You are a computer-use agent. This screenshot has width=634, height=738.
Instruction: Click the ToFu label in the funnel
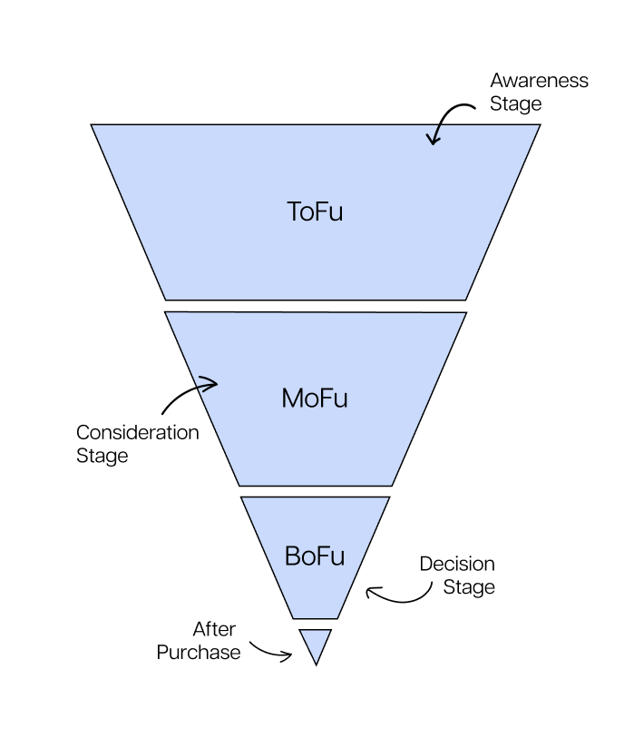click(315, 212)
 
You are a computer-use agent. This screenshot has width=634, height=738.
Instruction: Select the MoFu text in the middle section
click(315, 398)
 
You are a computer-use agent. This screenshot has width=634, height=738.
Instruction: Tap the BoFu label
click(315, 556)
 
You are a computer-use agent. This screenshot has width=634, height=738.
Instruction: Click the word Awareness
click(539, 81)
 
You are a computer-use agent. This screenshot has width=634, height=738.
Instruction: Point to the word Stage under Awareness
click(515, 103)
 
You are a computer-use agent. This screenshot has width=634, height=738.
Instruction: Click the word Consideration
click(137, 432)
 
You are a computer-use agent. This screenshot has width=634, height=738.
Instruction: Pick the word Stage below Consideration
click(102, 456)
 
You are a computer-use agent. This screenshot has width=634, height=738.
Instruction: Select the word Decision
click(456, 564)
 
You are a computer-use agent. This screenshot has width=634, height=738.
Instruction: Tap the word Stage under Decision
click(469, 587)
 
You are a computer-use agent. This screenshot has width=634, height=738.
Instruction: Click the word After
click(214, 629)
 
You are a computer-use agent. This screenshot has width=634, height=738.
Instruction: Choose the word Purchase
click(199, 652)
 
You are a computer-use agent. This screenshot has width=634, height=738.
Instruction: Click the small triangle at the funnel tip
click(316, 643)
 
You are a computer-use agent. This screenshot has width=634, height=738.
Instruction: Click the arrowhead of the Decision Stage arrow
click(370, 593)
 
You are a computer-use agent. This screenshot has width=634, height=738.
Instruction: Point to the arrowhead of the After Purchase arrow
click(288, 655)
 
